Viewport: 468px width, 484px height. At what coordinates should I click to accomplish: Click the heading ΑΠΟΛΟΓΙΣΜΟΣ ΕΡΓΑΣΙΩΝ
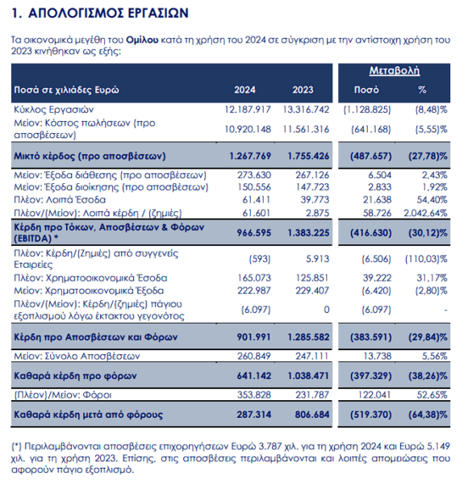(x=108, y=13)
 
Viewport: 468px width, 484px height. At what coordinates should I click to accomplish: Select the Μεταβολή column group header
(x=395, y=71)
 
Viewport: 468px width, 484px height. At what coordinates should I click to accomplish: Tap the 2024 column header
(x=244, y=90)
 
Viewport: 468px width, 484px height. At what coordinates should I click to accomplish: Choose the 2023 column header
(x=303, y=90)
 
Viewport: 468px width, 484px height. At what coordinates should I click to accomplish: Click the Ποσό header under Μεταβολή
(x=366, y=90)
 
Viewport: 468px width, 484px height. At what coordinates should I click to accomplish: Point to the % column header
(x=422, y=90)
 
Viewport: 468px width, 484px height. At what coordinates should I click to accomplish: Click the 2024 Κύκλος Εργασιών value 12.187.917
(x=248, y=110)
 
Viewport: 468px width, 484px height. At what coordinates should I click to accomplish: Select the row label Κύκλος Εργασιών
(x=54, y=110)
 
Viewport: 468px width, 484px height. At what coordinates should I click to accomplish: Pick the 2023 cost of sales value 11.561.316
(x=306, y=129)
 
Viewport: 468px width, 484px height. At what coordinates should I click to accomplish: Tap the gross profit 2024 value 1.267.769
(x=250, y=156)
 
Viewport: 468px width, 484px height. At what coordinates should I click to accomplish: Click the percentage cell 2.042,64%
(x=425, y=213)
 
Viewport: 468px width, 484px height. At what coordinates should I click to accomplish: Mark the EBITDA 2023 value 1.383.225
(x=308, y=233)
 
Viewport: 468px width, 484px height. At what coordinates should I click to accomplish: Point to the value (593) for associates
(x=260, y=259)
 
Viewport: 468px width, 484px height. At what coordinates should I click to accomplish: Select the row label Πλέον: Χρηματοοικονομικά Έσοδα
(x=90, y=278)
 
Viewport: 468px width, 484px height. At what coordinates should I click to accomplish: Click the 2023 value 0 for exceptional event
(x=327, y=310)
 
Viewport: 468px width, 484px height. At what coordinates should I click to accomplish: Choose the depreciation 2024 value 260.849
(x=254, y=357)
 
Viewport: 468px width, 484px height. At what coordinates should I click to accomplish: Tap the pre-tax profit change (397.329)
(x=370, y=376)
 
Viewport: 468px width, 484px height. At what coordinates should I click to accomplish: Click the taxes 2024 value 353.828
(x=254, y=394)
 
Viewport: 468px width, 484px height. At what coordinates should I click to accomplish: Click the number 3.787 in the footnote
(x=270, y=447)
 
